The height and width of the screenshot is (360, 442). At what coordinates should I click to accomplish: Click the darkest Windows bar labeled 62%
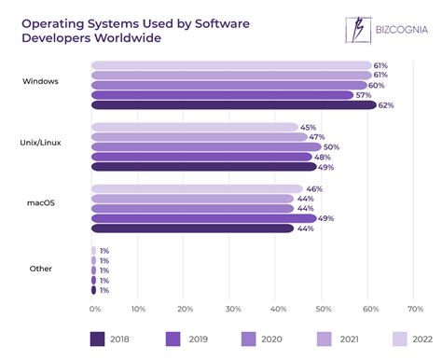(x=233, y=105)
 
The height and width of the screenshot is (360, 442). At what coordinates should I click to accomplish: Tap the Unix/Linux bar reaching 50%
(x=205, y=146)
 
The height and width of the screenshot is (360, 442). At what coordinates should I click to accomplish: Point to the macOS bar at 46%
(x=196, y=188)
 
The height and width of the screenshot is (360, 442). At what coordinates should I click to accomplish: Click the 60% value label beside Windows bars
(x=375, y=85)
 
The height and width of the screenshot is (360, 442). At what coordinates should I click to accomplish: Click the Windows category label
(x=40, y=81)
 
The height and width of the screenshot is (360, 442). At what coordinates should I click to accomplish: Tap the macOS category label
(x=40, y=202)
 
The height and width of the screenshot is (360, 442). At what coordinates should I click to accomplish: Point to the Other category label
(x=40, y=268)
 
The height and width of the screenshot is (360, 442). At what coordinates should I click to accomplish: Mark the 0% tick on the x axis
(x=94, y=308)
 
